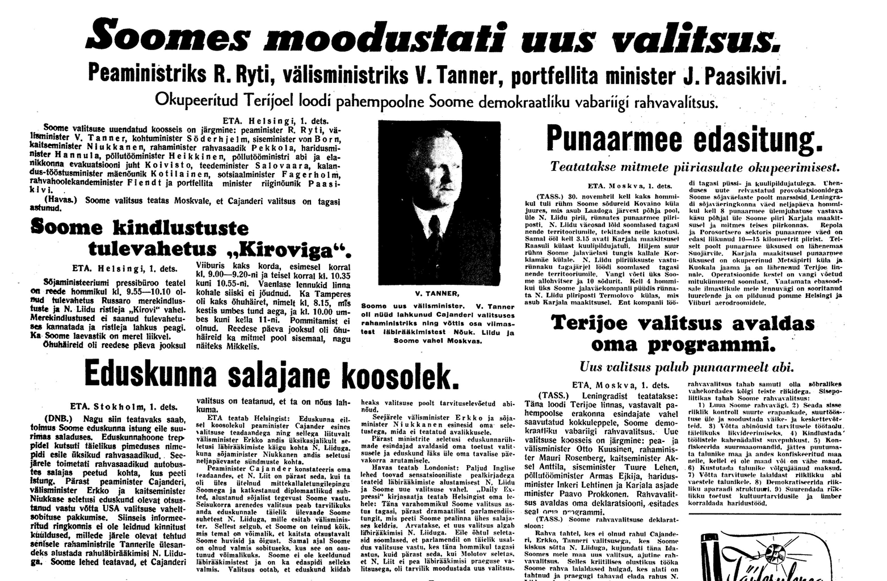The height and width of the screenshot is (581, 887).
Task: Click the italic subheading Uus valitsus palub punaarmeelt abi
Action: click(x=686, y=367)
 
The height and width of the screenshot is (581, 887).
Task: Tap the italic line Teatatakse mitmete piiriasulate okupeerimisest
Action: click(x=695, y=167)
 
